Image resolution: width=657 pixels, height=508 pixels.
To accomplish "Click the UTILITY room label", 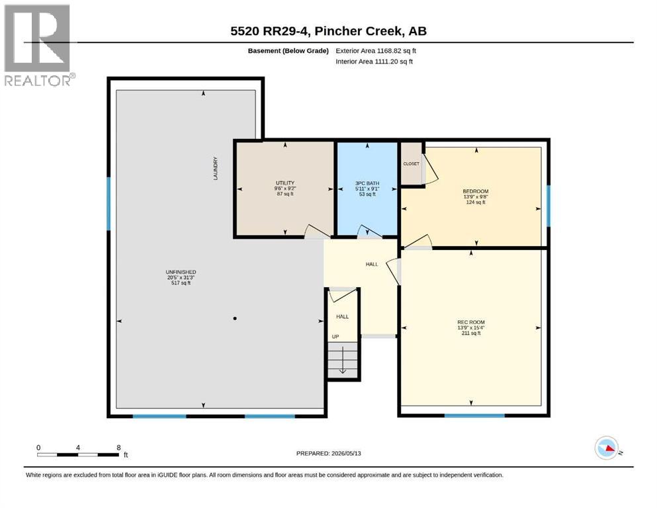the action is click(285, 183).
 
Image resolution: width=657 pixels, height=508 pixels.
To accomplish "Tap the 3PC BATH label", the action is click(367, 183).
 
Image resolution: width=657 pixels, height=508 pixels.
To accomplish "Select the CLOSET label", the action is click(411, 164).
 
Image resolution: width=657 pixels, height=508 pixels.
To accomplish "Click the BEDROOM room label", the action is click(476, 191).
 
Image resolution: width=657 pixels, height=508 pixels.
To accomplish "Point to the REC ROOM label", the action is click(471, 323).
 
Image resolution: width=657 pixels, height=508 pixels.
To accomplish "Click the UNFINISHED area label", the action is click(181, 273).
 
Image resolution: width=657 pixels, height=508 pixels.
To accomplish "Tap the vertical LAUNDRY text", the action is click(216, 169).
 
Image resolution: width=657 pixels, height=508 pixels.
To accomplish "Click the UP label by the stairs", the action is click(335, 337).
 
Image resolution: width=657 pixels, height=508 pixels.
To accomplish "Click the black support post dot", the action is click(235, 319).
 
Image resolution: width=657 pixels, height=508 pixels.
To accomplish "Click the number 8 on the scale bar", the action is click(118, 447).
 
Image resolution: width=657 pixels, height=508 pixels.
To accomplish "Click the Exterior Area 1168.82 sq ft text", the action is click(376, 51).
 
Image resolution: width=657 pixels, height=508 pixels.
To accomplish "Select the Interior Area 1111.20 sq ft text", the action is click(374, 61).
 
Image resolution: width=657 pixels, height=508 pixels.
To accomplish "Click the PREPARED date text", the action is click(328, 453).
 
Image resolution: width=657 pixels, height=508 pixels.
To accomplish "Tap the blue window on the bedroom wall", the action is click(548, 206).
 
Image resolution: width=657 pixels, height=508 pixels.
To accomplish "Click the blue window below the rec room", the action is click(474, 415).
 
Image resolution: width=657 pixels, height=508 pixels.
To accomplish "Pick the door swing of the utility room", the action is click(317, 232).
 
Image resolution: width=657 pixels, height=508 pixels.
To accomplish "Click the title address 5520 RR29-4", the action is click(270, 31).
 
